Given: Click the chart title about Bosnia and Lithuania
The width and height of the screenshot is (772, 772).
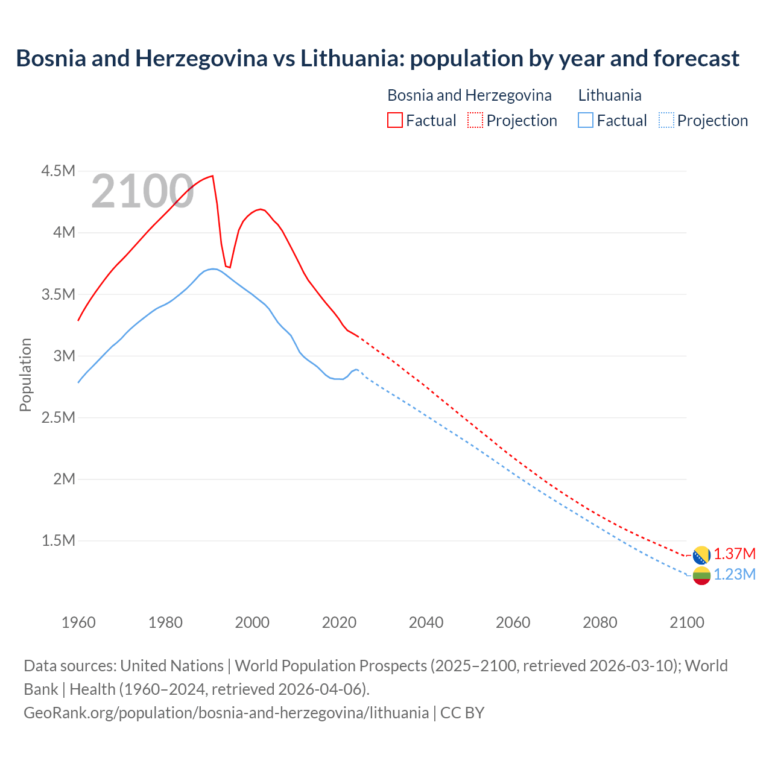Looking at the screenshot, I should [378, 59].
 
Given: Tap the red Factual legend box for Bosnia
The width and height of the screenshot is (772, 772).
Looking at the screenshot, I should [394, 120].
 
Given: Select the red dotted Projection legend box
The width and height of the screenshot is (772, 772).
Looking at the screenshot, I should [475, 120].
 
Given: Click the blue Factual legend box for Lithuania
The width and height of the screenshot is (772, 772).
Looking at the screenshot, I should [586, 120].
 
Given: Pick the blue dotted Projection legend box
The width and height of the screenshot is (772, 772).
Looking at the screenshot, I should [666, 120].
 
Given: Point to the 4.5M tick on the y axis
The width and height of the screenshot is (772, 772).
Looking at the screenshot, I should [58, 171].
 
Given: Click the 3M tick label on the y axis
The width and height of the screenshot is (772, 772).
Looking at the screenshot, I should [64, 356].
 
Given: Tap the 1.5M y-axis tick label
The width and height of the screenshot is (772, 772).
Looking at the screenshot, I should [58, 540].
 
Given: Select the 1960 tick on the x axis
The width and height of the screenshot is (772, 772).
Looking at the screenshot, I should [78, 622].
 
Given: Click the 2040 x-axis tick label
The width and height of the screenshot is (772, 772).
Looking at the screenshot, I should [426, 622].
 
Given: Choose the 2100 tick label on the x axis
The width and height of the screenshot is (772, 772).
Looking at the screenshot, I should [686, 622].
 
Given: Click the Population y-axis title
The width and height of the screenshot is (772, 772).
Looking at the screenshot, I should [25, 375].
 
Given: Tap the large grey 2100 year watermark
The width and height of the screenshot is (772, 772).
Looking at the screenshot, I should [142, 192].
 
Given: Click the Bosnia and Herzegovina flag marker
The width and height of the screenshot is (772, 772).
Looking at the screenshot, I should [701, 555].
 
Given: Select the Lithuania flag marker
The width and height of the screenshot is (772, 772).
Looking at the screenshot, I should [701, 575].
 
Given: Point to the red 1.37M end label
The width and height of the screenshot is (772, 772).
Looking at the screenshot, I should [735, 554].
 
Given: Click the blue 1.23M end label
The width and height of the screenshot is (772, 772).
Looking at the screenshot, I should [735, 574].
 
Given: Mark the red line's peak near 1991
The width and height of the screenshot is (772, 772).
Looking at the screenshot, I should [212, 176].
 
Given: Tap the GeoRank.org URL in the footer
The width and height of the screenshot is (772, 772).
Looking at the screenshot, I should [226, 712].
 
